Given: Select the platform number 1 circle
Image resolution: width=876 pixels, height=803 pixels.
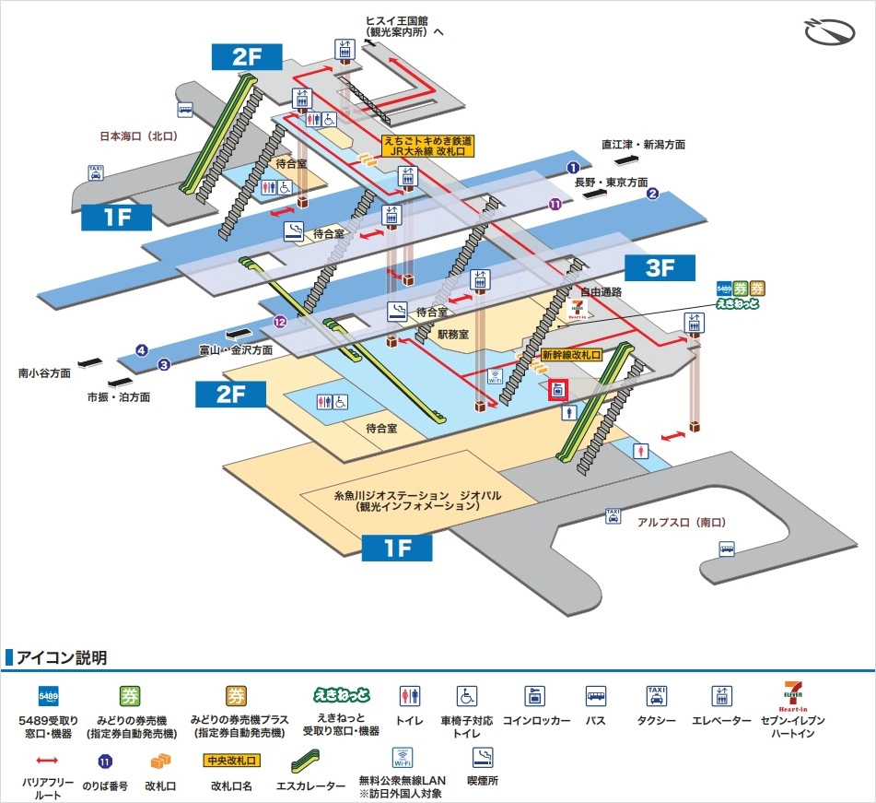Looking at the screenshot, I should tap(573, 168).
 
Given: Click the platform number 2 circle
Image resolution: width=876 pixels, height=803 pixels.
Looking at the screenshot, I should tap(651, 194).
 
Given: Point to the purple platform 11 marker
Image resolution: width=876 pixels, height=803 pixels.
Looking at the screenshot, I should tap(555, 205).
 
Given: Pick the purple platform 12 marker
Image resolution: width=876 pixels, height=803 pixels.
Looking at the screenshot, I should tap(280, 321).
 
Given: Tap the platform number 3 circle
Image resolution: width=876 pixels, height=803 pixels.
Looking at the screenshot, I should tap(164, 364).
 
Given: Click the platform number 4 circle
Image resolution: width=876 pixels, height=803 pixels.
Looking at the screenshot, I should tap(141, 349).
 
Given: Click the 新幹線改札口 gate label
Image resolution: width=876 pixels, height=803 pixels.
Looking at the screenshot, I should tap(571, 354).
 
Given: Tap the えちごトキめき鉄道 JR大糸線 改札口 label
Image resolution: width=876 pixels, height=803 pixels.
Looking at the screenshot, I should tap(427, 146).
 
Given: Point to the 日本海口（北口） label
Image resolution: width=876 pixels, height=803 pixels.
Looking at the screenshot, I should tap(138, 136).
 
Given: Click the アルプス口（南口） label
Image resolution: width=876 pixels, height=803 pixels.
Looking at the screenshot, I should tap(682, 522).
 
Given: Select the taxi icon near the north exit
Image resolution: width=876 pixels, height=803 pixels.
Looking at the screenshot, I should tap(96, 171).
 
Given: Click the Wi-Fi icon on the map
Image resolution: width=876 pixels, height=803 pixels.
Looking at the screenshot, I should tap(494, 376).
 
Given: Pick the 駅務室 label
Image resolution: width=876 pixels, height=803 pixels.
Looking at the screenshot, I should tap(454, 335).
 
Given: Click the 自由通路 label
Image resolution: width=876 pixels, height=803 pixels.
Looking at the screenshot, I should tap(601, 291).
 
